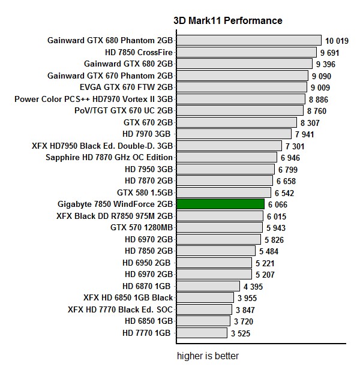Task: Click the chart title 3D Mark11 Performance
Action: click(x=227, y=20)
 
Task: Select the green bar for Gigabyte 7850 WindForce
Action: click(x=220, y=204)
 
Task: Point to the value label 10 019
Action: click(x=337, y=41)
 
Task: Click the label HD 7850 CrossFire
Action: click(x=139, y=52)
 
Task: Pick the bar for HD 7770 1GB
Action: click(x=202, y=333)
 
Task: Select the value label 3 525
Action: click(x=239, y=333)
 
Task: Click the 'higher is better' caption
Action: click(x=208, y=356)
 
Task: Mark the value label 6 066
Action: click(x=278, y=204)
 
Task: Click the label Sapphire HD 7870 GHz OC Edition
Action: click(x=109, y=158)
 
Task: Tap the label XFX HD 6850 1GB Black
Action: click(x=128, y=297)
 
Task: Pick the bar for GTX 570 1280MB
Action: click(x=220, y=227)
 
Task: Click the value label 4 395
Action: click(x=253, y=287)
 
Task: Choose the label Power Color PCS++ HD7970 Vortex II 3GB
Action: click(x=94, y=99)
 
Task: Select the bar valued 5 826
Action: click(x=218, y=239)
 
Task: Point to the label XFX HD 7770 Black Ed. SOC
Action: click(x=121, y=309)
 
